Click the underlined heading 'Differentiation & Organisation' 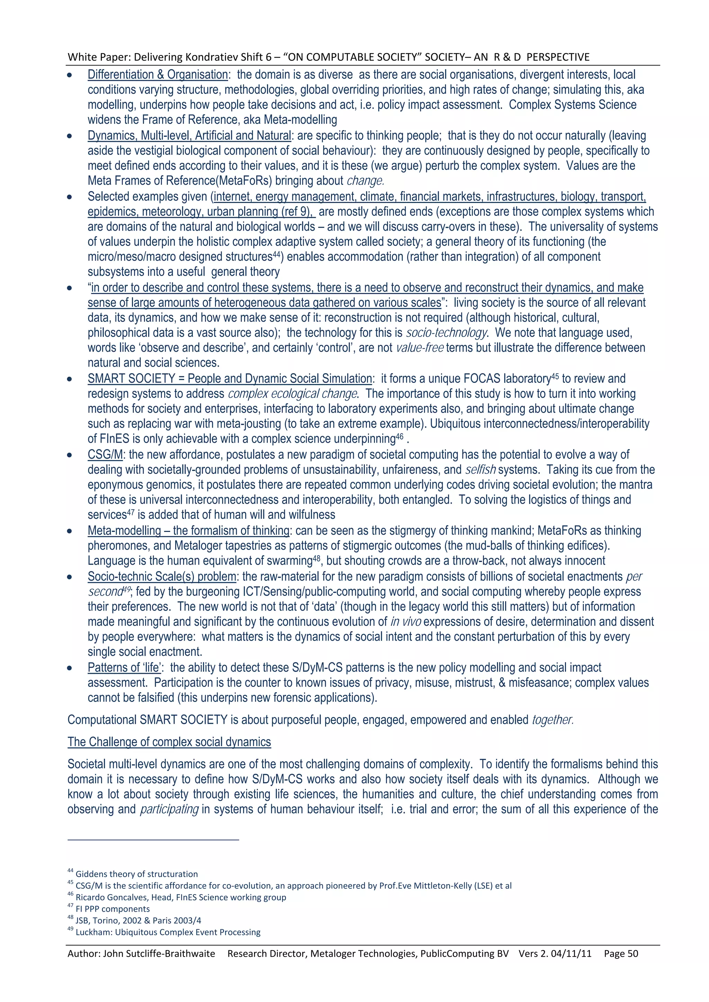click(157, 75)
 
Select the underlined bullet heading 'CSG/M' click(105, 455)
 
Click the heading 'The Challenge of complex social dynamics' click(169, 742)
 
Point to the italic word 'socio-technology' click(446, 333)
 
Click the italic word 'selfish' click(480, 470)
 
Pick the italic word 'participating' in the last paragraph click(169, 810)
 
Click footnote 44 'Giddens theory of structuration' click(136, 874)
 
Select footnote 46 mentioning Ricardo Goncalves click(180, 897)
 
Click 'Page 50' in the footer click(621, 954)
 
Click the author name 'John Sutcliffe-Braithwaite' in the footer click(159, 954)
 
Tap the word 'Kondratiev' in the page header click(212, 57)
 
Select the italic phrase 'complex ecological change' click(293, 394)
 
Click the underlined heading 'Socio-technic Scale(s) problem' click(162, 577)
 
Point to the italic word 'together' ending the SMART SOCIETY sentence click(552, 720)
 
